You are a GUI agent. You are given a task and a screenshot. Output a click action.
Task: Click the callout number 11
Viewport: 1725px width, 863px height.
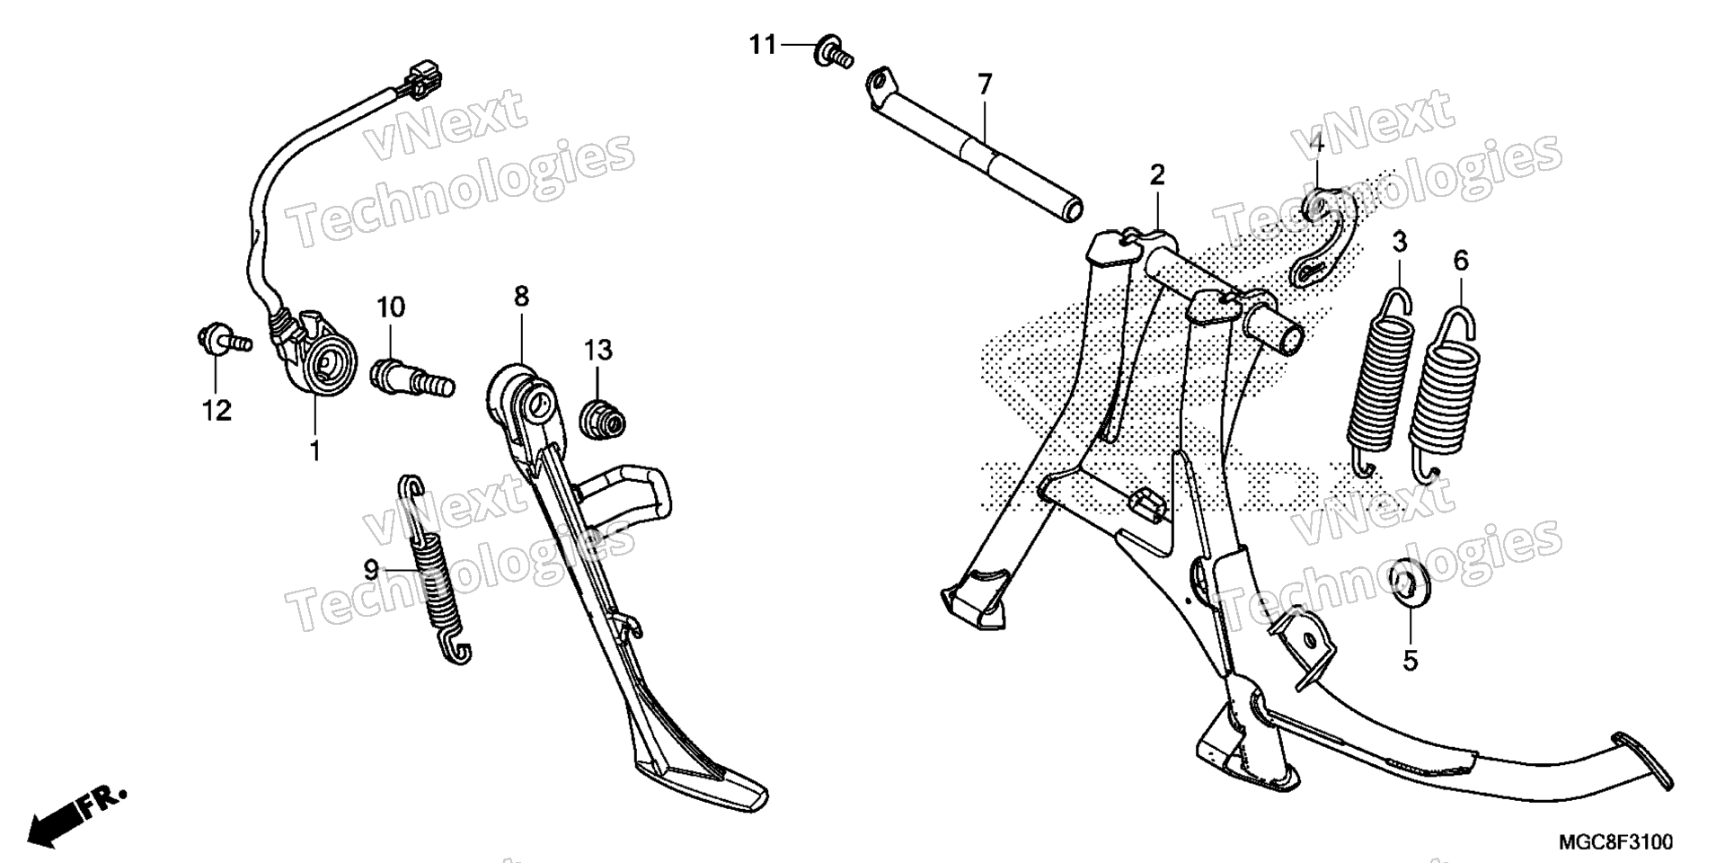click(763, 44)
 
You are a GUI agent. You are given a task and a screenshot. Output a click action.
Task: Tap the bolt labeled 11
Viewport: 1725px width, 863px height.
click(832, 51)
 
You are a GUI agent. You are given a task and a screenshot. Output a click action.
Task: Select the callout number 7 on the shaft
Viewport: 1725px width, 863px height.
click(985, 85)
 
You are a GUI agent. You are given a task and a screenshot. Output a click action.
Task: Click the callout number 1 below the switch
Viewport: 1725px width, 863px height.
click(315, 450)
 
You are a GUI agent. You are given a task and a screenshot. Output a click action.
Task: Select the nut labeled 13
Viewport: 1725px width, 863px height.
click(601, 419)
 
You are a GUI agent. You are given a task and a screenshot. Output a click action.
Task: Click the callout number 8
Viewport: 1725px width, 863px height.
click(522, 296)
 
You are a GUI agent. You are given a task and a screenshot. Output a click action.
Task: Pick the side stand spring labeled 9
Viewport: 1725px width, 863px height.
click(433, 572)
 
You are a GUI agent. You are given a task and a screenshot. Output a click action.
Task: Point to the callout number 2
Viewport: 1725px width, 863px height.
click(1156, 174)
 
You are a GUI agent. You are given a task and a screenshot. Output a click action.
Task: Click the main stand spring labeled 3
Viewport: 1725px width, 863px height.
click(1379, 381)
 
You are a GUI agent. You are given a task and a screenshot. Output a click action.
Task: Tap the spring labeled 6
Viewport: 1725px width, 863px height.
click(1442, 391)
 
